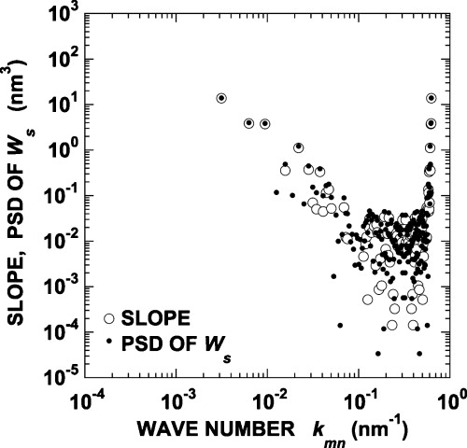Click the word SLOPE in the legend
[149, 320]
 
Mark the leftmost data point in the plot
[221, 98]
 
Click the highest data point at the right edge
[431, 98]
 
